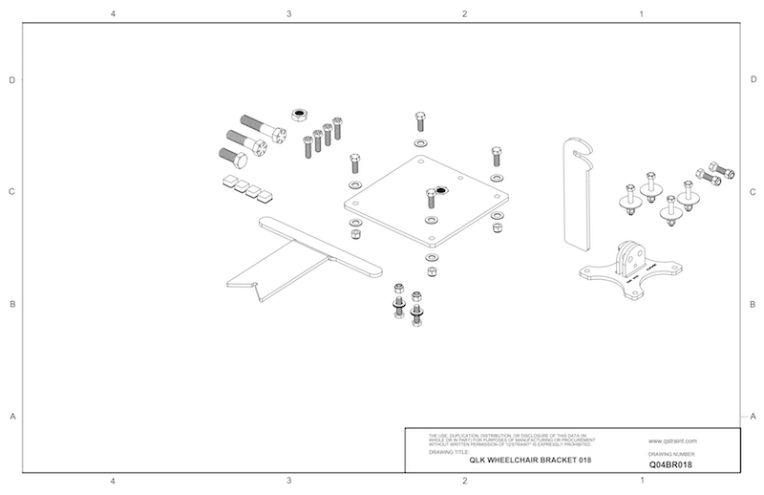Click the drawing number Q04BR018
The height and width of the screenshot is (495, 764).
[669, 463]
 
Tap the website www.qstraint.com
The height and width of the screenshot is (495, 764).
[672, 441]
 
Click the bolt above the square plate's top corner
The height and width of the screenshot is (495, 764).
[420, 121]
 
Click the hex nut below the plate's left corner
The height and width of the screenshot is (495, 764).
[355, 232]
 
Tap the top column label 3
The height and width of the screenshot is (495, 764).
[288, 14]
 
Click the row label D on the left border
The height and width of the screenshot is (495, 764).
[11, 80]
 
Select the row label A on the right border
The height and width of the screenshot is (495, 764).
[753, 416]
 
